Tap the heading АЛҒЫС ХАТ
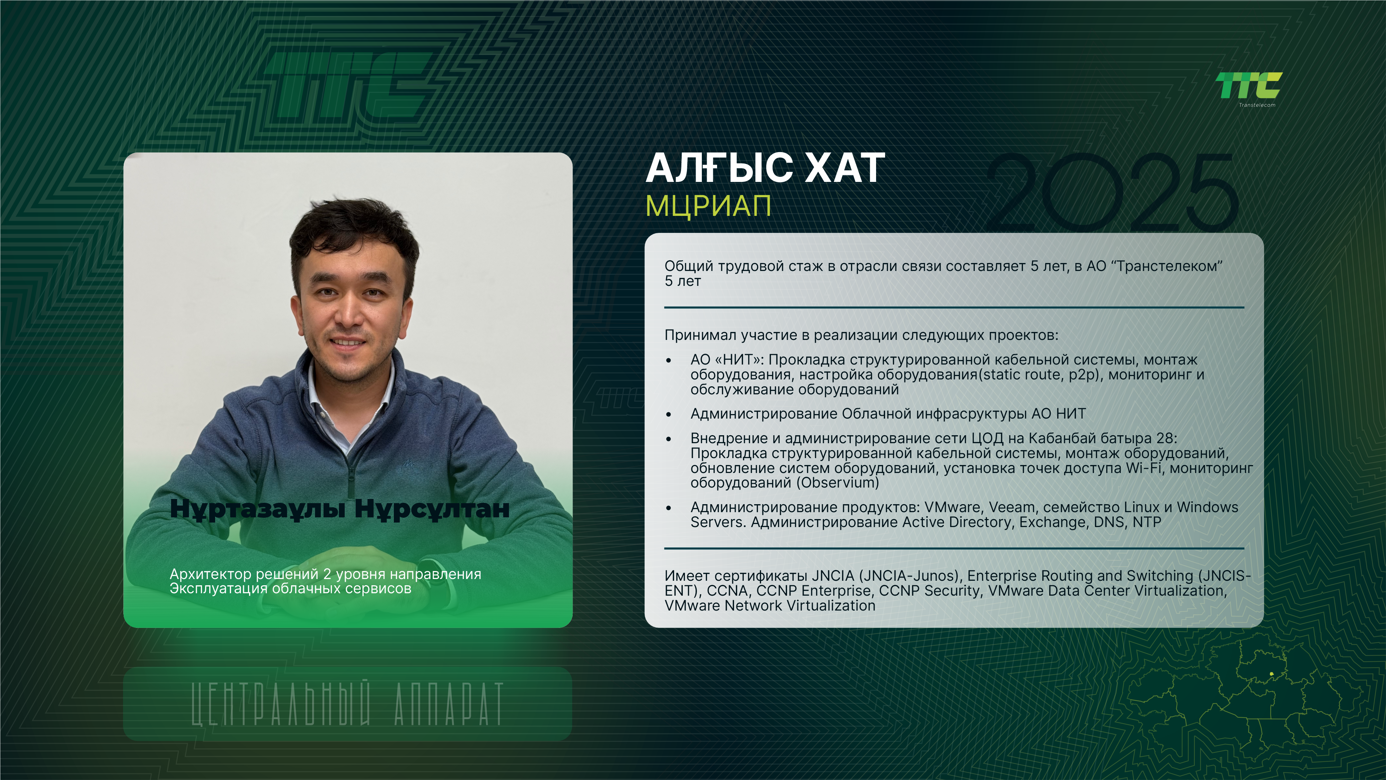pyautogui.click(x=765, y=168)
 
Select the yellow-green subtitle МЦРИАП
pyautogui.click(x=708, y=205)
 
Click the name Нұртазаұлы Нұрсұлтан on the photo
pyautogui.click(x=339, y=509)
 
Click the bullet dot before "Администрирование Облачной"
pyautogui.click(x=669, y=414)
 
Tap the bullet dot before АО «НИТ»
pyautogui.click(x=669, y=360)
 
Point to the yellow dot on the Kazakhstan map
pyautogui.click(x=1271, y=674)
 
